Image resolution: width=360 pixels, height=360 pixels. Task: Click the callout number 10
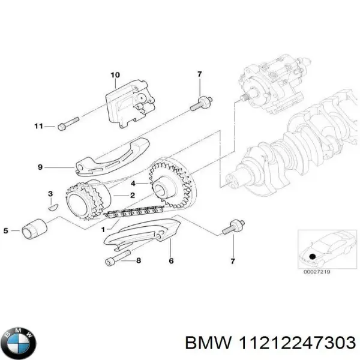(115, 75)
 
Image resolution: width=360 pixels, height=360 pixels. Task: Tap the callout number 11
(38, 126)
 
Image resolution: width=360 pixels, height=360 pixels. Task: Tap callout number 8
(139, 260)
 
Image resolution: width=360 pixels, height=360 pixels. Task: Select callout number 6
(171, 261)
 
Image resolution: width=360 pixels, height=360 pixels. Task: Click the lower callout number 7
(233, 261)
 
